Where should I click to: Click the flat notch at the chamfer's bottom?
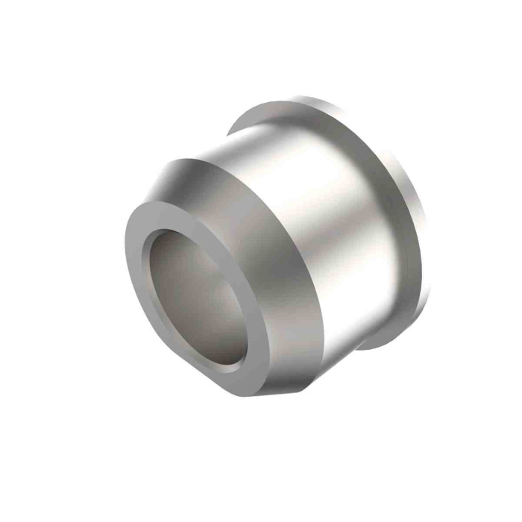[x=276, y=391]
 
